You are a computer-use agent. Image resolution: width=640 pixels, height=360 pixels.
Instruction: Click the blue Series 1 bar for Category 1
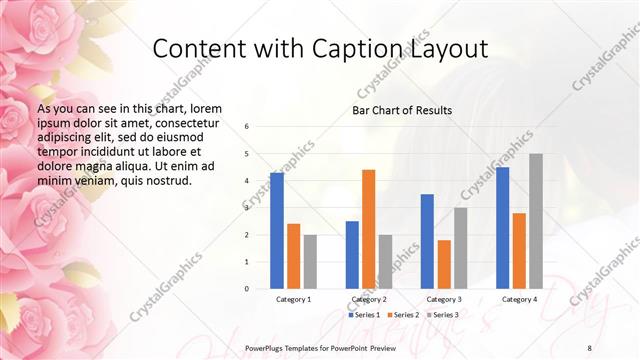pos(277,230)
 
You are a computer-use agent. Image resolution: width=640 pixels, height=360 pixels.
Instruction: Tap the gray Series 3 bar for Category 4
pos(536,221)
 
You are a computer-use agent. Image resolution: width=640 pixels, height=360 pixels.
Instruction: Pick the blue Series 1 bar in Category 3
pos(427,241)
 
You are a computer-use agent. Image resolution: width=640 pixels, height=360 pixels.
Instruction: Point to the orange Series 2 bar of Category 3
pos(444,264)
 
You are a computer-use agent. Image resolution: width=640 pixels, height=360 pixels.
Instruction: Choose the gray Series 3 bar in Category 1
pos(310,261)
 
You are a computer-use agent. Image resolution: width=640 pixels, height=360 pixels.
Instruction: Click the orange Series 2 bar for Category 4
pos(519,250)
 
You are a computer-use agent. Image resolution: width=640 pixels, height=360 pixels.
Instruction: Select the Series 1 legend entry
pos(365,316)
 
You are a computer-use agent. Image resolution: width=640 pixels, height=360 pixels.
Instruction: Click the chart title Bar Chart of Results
pos(402,110)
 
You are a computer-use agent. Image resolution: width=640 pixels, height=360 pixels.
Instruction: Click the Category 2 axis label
pos(369,299)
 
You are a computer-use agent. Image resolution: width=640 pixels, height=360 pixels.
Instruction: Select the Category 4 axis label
pos(519,299)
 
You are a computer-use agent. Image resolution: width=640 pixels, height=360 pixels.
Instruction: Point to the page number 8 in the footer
pos(589,347)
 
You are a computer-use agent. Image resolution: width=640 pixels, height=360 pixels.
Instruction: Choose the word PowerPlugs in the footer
pos(267,347)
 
